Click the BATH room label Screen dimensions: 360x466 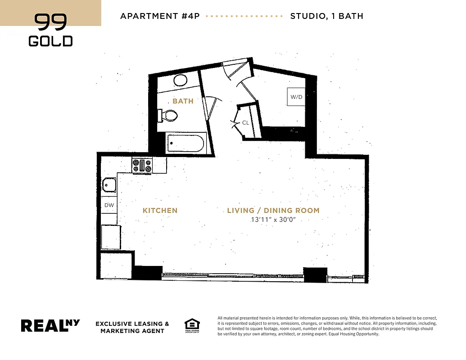[x=183, y=101]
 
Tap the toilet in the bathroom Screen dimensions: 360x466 [x=168, y=115]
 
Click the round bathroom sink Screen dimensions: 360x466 [x=181, y=80]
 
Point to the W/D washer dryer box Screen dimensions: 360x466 [x=296, y=97]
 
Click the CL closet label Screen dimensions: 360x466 [x=245, y=122]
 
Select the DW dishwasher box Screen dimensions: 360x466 [x=109, y=205]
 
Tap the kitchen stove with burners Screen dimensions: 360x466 [x=142, y=166]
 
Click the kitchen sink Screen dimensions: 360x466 [x=109, y=184]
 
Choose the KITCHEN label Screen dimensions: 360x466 [x=160, y=211]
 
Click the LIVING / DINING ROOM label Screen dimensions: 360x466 [x=273, y=211]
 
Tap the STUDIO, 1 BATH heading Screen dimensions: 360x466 [x=326, y=16]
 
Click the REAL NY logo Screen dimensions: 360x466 [x=50, y=325]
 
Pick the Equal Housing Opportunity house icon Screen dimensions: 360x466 [x=192, y=325]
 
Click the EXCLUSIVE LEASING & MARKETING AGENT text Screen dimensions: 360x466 [x=132, y=327]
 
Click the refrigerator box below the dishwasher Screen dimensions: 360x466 [x=111, y=237]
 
